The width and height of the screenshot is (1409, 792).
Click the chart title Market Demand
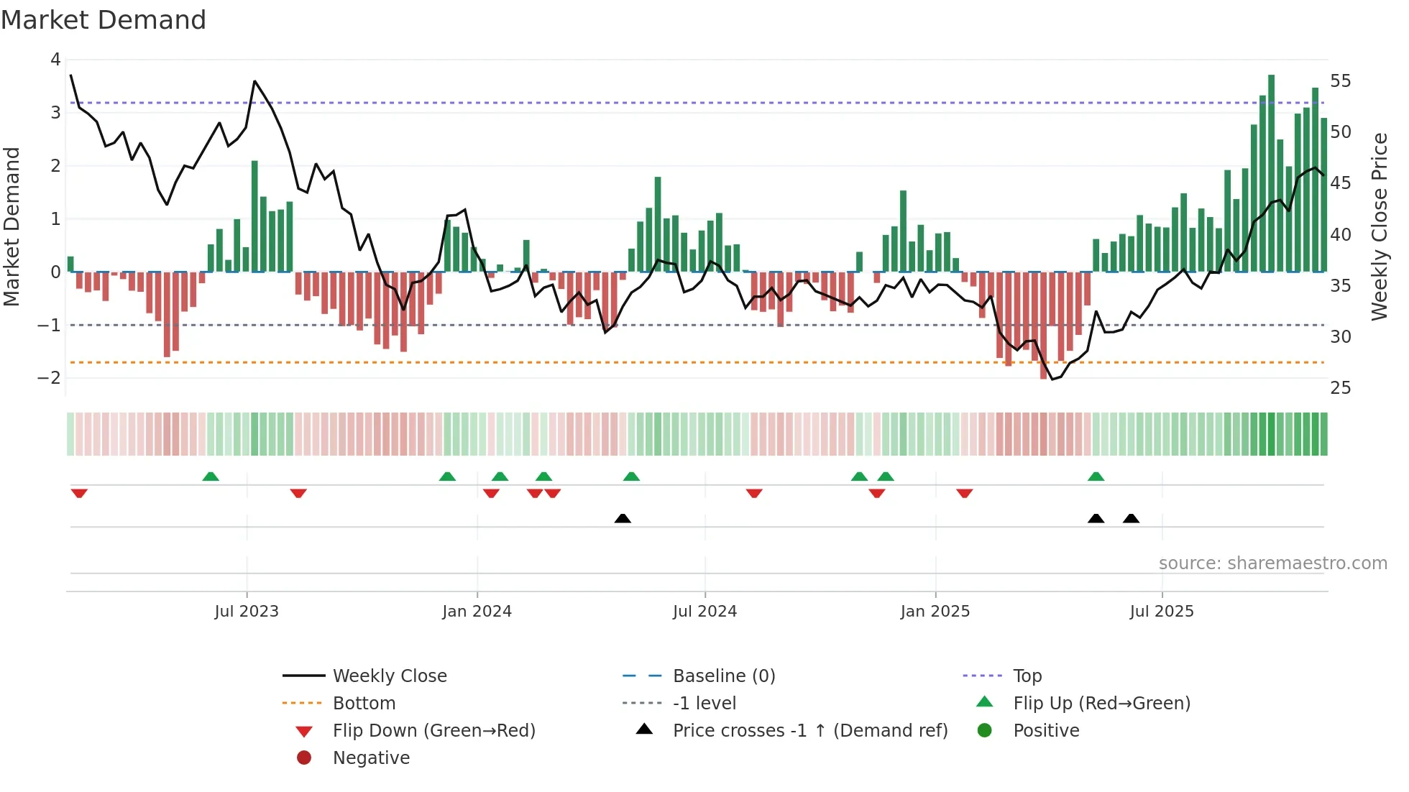[104, 20]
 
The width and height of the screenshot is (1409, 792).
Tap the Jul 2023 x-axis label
[246, 612]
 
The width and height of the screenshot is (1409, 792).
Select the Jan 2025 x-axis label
[935, 612]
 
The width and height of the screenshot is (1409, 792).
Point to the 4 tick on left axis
[55, 60]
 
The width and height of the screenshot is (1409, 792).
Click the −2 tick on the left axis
[49, 378]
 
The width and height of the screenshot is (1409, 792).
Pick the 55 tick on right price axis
[1340, 81]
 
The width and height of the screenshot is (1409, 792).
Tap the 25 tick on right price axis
[1340, 388]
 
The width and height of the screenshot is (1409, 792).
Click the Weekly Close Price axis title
[1379, 226]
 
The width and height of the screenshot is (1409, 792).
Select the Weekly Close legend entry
[389, 676]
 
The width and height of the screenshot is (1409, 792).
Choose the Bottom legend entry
[364, 704]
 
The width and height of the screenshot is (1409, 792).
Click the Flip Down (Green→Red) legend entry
[433, 731]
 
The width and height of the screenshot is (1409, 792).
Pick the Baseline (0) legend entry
[723, 676]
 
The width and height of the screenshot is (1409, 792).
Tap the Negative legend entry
[371, 758]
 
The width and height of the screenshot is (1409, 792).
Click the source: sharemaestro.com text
[1272, 563]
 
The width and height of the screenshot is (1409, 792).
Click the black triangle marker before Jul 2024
[623, 518]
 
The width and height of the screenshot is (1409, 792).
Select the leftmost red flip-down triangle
[79, 493]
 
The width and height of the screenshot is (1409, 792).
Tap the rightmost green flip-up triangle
[1096, 476]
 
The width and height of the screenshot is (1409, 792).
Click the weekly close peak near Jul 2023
[254, 81]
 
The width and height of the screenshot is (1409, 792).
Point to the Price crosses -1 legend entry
[809, 731]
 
